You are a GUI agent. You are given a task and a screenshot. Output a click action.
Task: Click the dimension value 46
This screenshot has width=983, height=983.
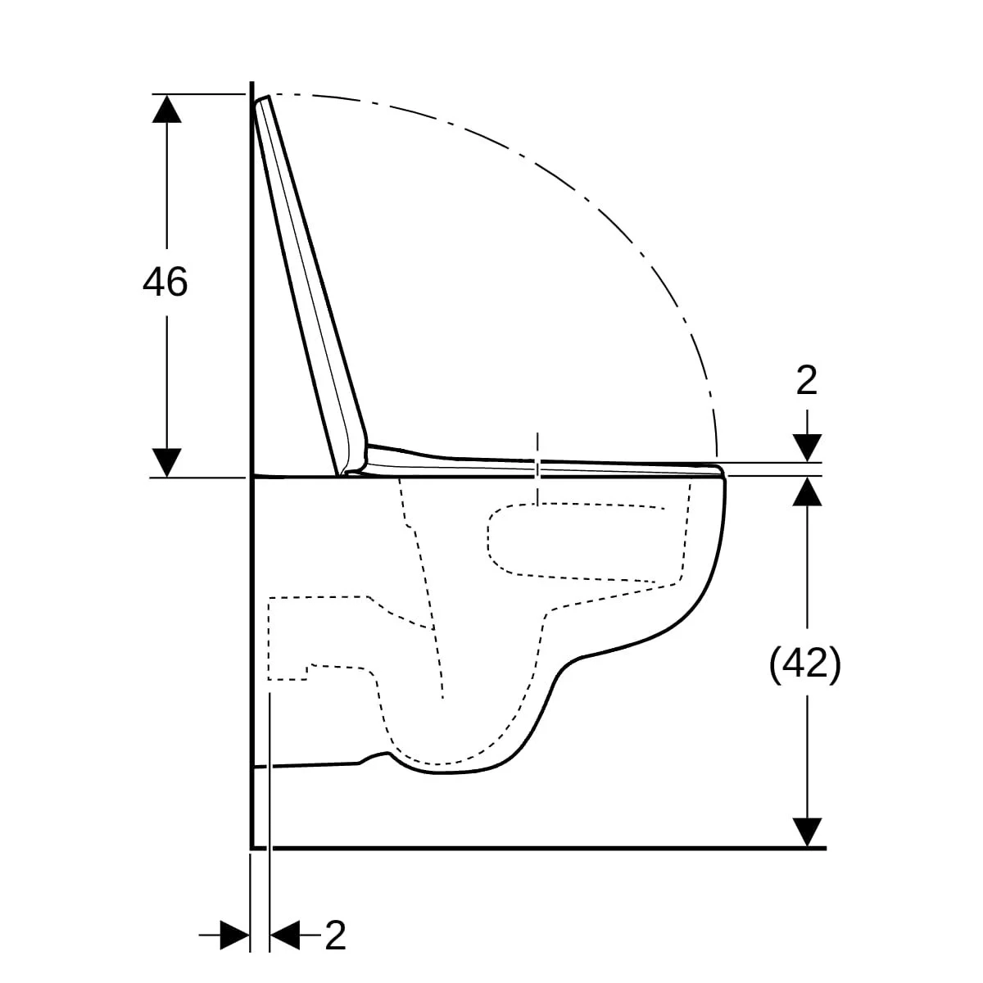[165, 282]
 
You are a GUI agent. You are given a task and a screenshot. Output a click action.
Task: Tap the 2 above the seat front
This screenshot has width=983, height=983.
[807, 381]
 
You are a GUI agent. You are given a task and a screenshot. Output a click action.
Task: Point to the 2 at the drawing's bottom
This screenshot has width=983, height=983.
[335, 935]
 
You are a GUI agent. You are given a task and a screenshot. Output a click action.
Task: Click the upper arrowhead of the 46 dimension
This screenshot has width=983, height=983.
[167, 109]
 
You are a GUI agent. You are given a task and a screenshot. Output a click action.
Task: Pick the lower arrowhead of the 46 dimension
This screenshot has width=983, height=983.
[167, 463]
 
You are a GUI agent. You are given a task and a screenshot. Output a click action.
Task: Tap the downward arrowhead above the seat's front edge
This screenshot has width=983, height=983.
[807, 448]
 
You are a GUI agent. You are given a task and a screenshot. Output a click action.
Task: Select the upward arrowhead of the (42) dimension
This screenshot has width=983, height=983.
[807, 491]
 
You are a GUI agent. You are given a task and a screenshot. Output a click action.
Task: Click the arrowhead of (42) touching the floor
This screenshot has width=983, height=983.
[807, 832]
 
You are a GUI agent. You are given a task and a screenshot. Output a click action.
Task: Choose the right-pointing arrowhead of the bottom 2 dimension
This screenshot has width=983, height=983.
[234, 935]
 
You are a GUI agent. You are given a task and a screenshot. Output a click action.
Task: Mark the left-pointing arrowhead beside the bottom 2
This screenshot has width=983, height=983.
[284, 935]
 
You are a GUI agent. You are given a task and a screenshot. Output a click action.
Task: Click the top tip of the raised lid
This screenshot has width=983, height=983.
[268, 97]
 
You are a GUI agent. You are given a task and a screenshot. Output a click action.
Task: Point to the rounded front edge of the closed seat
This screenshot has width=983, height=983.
[722, 471]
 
